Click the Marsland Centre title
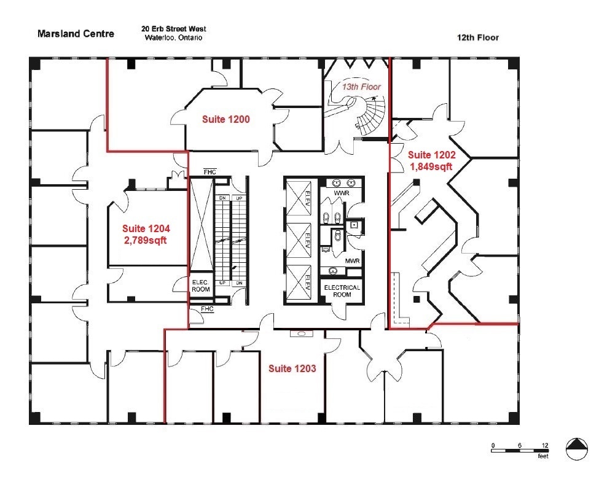pyautogui.click(x=76, y=34)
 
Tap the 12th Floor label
pyautogui.click(x=477, y=37)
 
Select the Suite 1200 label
pyautogui.click(x=225, y=119)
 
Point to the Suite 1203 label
pyautogui.click(x=292, y=368)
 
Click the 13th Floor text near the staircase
pyautogui.click(x=361, y=87)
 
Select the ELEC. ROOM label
pyautogui.click(x=201, y=286)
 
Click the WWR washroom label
pyautogui.click(x=341, y=193)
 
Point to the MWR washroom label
pyautogui.click(x=352, y=261)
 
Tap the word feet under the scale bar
pyautogui.click(x=542, y=457)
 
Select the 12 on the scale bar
pyautogui.click(x=545, y=445)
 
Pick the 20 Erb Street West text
pyautogui.click(x=173, y=29)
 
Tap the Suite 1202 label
pyautogui.click(x=431, y=155)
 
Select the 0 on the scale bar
pyautogui.click(x=492, y=445)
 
